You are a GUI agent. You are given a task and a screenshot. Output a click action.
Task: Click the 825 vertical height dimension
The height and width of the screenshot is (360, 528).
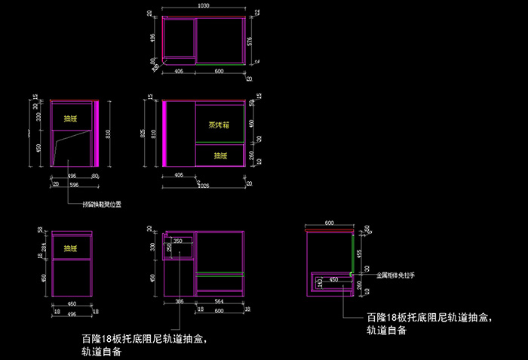click(144, 134)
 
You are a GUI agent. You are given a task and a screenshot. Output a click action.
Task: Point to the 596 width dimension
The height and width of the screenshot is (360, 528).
click(73, 183)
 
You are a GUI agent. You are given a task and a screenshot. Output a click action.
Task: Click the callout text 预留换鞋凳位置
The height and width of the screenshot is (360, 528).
click(101, 203)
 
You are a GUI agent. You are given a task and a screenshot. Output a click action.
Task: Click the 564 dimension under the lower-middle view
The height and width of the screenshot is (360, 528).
click(219, 302)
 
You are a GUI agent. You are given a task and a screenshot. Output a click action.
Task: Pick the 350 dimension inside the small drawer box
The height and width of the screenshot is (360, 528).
click(178, 242)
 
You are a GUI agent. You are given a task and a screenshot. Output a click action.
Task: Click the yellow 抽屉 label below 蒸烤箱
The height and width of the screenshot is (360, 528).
click(220, 155)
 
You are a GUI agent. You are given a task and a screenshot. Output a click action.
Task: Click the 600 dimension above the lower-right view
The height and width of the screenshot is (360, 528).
click(329, 223)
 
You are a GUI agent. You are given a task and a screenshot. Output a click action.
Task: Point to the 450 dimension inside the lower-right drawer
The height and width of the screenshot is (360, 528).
click(334, 279)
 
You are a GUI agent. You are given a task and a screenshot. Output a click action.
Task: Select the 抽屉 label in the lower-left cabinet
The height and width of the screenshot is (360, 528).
click(70, 248)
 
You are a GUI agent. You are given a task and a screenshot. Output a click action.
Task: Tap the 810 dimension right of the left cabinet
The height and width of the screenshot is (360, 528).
click(109, 134)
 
